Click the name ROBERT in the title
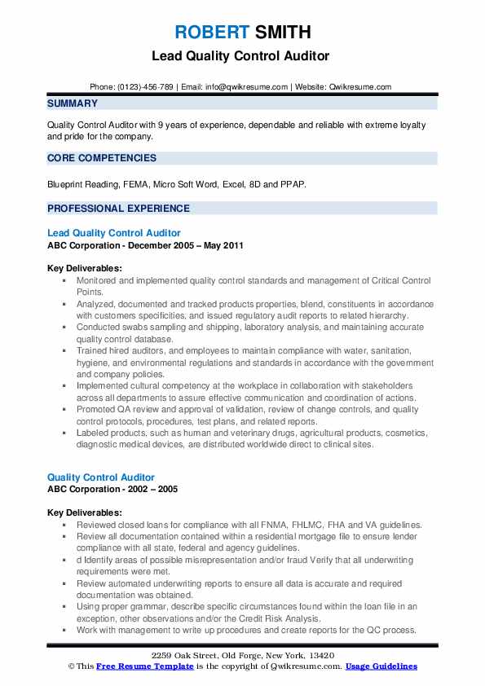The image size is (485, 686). [x=209, y=33]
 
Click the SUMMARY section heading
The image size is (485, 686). [x=73, y=103]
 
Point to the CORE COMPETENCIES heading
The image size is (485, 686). [x=102, y=158]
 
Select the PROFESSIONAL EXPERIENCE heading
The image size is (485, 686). [x=119, y=208]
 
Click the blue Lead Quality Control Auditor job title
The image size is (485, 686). [x=114, y=233]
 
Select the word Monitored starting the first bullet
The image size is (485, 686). [x=98, y=280]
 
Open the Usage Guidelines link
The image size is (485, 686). [x=381, y=666]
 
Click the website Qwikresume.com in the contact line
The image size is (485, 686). [x=361, y=87]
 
